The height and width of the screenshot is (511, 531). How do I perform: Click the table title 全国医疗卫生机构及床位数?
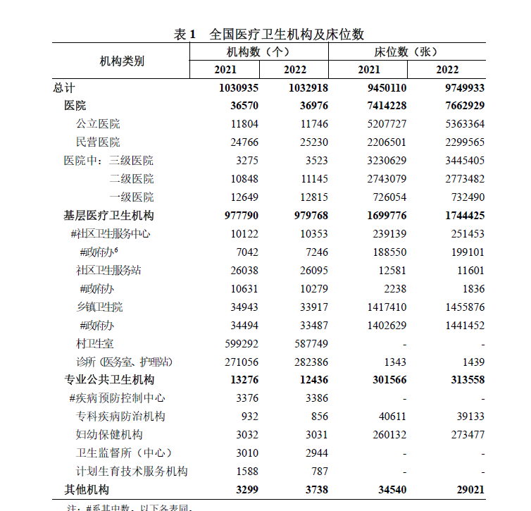point(287,34)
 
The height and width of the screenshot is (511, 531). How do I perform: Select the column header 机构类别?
point(122,61)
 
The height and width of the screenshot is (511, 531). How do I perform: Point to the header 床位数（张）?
point(406,51)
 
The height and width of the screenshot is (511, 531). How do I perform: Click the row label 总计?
point(64,87)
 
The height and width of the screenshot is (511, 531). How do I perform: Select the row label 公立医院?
point(98,124)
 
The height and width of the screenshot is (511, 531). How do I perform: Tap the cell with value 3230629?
point(383,161)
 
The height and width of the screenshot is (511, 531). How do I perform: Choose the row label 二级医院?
point(131,179)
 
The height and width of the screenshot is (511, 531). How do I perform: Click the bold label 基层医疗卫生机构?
point(109,216)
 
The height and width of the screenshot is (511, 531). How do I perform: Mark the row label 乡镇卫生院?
point(99,307)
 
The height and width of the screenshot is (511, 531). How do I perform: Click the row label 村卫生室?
point(95,344)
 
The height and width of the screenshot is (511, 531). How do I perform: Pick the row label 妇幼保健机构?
point(109,435)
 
